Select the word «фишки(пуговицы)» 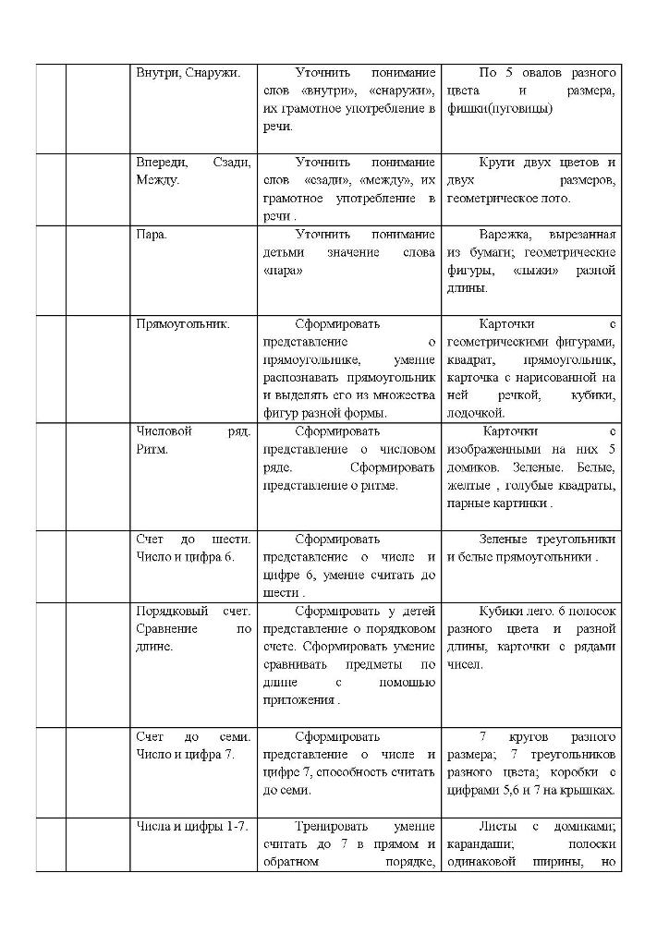(499, 108)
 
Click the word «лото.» (554, 198)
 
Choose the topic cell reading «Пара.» (152, 235)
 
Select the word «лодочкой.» (475, 412)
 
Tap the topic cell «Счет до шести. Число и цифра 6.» (192, 548)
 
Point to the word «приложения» (298, 700)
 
